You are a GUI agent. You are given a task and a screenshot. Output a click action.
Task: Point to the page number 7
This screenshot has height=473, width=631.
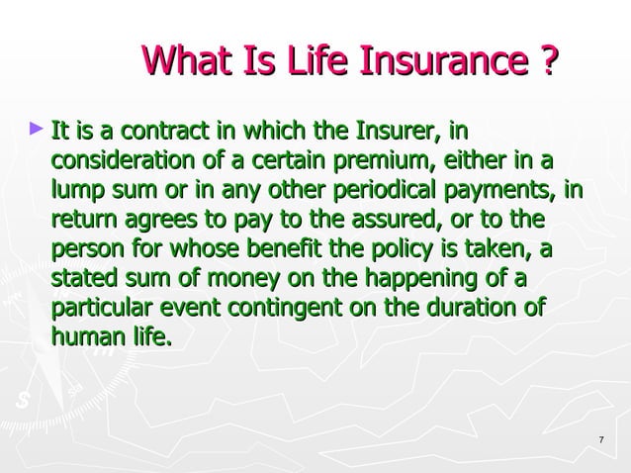click(602, 439)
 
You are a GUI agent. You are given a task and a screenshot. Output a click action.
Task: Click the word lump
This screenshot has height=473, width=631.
click(78, 189)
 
